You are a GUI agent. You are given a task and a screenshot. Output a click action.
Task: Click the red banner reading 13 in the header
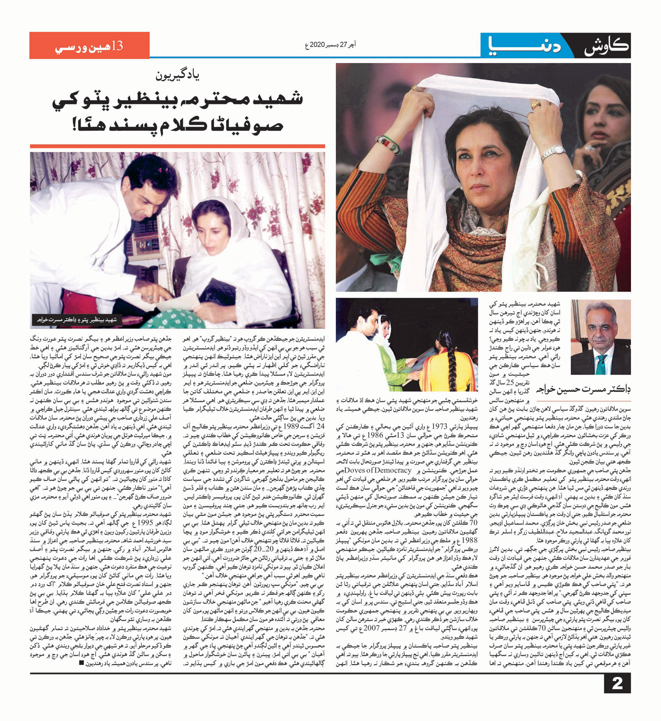89,45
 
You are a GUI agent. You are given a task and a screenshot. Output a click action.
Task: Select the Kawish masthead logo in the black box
606,46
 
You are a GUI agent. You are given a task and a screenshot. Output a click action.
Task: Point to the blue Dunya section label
524,46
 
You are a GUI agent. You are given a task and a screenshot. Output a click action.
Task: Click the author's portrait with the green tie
600,337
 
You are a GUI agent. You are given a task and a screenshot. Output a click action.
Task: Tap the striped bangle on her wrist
389,145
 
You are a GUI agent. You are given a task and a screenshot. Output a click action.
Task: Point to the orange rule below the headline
177,146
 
